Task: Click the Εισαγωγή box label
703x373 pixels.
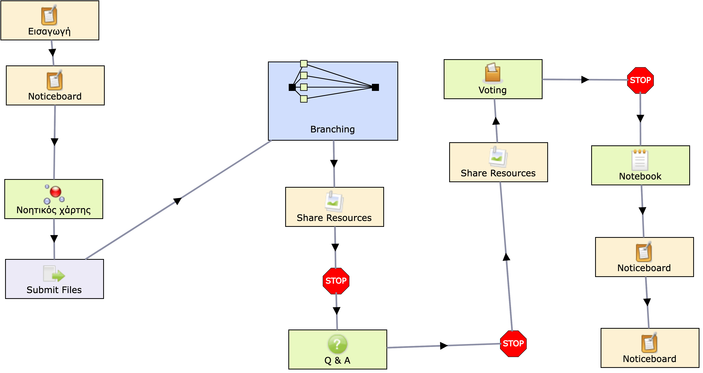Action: pyautogui.click(x=49, y=31)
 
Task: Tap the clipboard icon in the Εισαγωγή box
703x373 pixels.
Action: pyautogui.click(x=49, y=15)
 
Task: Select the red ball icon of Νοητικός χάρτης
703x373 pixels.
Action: pyautogui.click(x=55, y=192)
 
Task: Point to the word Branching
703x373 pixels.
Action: pyautogui.click(x=332, y=129)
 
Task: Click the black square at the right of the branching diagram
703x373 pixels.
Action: pyautogui.click(x=375, y=87)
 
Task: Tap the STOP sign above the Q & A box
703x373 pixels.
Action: pyautogui.click(x=336, y=281)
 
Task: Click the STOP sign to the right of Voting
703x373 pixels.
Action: pyautogui.click(x=640, y=80)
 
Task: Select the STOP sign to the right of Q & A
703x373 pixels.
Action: pyautogui.click(x=513, y=344)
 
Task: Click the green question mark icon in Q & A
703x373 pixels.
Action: pyautogui.click(x=337, y=344)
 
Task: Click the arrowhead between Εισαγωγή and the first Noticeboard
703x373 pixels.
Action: pyautogui.click(x=52, y=52)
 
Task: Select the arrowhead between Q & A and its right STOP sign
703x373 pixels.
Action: pyautogui.click(x=444, y=346)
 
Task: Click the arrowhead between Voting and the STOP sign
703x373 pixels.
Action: pyautogui.click(x=585, y=80)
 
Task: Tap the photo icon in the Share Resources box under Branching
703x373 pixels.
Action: pyautogui.click(x=334, y=202)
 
